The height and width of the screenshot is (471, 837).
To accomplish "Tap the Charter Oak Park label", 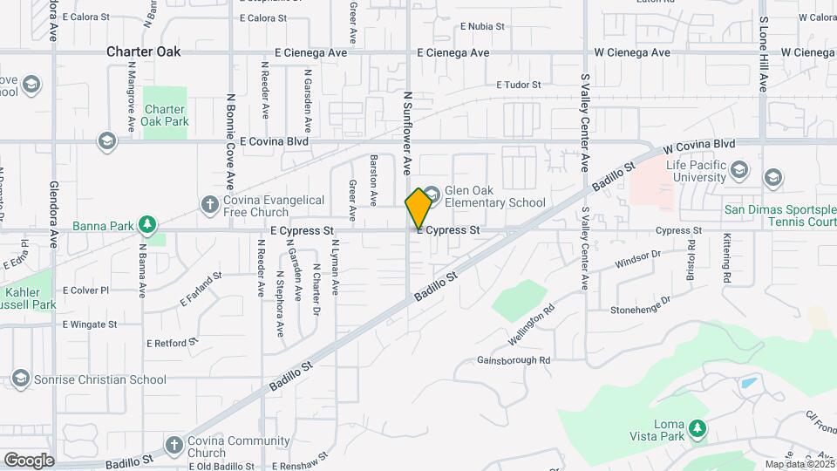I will [x=165, y=115].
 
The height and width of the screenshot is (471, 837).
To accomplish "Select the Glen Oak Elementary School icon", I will [x=432, y=192].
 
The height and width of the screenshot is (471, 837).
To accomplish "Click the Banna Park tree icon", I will [x=148, y=225].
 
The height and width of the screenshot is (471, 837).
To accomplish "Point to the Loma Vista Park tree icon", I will [x=696, y=427].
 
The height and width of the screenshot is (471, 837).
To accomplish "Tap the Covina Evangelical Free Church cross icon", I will [x=209, y=205].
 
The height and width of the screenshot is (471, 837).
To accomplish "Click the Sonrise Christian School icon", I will [x=20, y=379].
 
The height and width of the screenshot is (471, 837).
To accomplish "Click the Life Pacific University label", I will [x=696, y=171].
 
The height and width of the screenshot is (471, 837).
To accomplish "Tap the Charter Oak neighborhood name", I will [x=144, y=51].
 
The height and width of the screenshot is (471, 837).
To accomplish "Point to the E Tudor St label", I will [x=519, y=85].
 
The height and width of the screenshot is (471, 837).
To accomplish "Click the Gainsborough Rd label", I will [x=514, y=360].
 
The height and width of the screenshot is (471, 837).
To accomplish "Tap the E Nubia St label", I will [x=481, y=27].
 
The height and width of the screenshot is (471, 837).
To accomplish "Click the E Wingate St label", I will [x=90, y=324].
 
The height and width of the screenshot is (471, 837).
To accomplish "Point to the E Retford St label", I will [x=173, y=344].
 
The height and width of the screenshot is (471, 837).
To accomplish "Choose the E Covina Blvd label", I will [x=275, y=140].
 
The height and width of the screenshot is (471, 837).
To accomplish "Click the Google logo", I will [x=29, y=460].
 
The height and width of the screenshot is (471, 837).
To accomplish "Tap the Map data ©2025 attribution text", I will [x=800, y=464].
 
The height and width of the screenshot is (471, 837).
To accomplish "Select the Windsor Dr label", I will [x=638, y=259].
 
